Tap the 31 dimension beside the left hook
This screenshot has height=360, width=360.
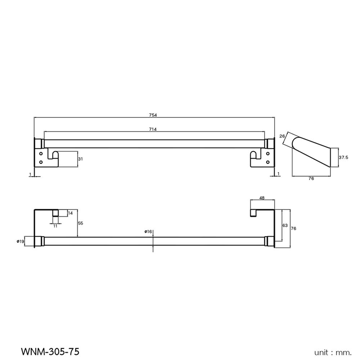(x=81, y=159)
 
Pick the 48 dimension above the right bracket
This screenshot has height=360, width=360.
(x=262, y=198)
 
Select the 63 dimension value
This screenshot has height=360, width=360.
(x=285, y=225)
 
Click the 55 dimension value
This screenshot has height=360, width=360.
(x=80, y=223)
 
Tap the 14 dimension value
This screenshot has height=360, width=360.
(x=70, y=213)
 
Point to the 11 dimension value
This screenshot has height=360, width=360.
(x=55, y=226)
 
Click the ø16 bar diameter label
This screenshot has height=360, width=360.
(x=148, y=232)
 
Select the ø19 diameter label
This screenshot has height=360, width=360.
(x=20, y=242)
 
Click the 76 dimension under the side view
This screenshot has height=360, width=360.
(x=311, y=179)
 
